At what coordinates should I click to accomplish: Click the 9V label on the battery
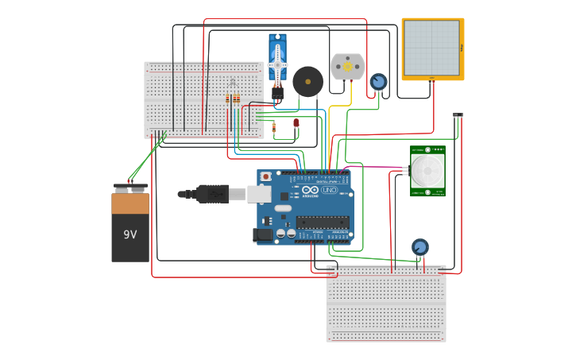pyautogui.click(x=130, y=234)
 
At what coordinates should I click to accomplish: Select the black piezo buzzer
pyautogui.click(x=308, y=82)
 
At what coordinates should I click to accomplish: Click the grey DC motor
pyautogui.click(x=347, y=66)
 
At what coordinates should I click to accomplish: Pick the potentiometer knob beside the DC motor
pyautogui.click(x=379, y=81)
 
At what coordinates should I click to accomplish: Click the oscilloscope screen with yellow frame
pyautogui.click(x=431, y=48)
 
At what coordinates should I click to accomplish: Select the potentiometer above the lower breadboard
pyautogui.click(x=419, y=247)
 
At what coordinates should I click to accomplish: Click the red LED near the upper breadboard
pyautogui.click(x=296, y=122)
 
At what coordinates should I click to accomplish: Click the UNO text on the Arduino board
pyautogui.click(x=330, y=190)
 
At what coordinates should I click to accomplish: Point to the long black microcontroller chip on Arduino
pyautogui.click(x=323, y=223)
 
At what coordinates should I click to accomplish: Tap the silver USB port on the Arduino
pyautogui.click(x=259, y=193)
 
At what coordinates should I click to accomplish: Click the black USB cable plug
pyautogui.click(x=212, y=193)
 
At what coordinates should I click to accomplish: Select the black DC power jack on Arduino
pyautogui.click(x=261, y=234)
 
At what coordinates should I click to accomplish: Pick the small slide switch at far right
pyautogui.click(x=458, y=116)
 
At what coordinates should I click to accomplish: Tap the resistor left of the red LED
pyautogui.click(x=274, y=126)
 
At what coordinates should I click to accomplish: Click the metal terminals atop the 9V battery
pyautogui.click(x=130, y=188)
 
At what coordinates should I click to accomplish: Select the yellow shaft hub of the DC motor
pyautogui.click(x=347, y=68)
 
